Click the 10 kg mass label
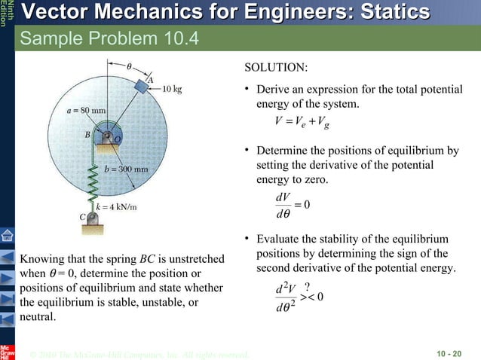[x=173, y=88]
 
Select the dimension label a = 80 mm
[x=86, y=111]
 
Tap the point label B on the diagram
[x=87, y=135]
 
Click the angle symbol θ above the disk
[x=129, y=66]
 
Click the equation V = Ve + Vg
[x=305, y=121]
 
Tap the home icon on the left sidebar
[x=8, y=236]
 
